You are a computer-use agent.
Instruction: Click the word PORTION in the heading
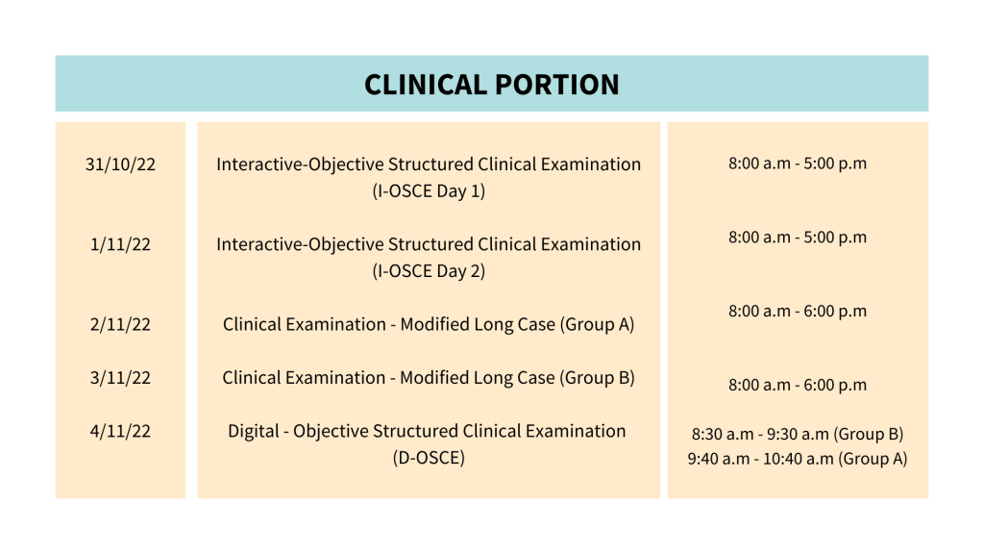point(556,85)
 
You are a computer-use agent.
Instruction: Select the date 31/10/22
point(120,164)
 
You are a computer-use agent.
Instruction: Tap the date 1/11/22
point(120,244)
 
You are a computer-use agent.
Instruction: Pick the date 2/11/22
point(120,324)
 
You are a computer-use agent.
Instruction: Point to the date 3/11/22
point(120,378)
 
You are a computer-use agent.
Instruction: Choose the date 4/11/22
point(120,431)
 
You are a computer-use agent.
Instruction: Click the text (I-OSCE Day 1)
point(429,190)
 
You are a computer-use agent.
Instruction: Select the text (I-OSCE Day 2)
point(429,271)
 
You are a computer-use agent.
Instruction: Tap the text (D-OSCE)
point(429,458)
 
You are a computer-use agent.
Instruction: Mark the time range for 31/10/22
point(798,164)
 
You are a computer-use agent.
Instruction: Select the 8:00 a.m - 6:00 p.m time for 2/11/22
point(798,311)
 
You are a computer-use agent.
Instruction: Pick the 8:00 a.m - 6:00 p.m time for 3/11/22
point(798,385)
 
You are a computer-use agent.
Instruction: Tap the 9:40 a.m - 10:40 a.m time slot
point(760,459)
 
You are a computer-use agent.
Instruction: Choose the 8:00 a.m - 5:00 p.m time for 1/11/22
point(798,237)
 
